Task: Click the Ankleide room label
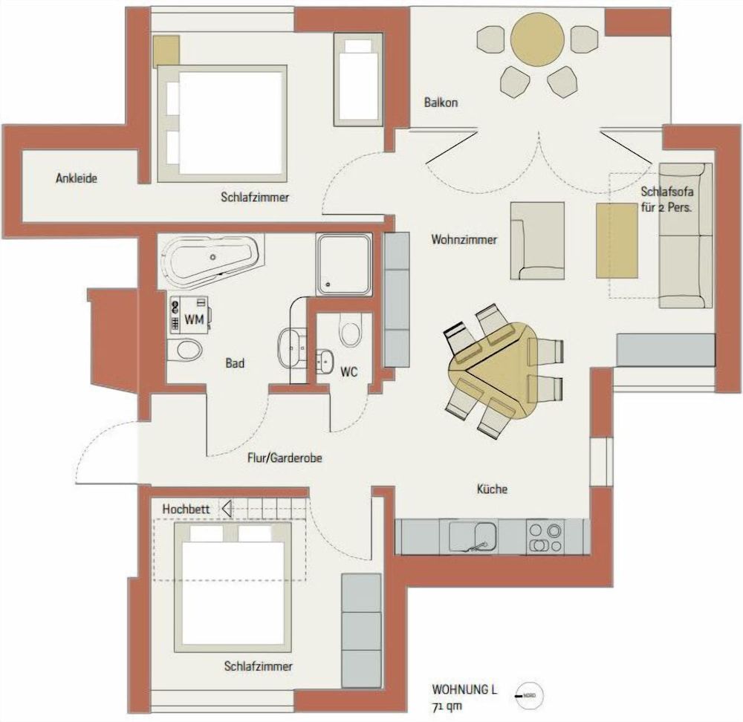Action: tap(77, 178)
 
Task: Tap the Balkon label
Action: tap(441, 103)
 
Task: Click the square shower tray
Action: tap(343, 264)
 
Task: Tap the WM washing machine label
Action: tap(194, 320)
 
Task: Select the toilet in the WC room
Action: tap(350, 328)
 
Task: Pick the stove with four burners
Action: tap(545, 537)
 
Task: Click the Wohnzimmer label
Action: tap(464, 240)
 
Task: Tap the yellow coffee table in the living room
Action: tap(617, 240)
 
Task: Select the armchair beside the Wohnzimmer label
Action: tap(536, 241)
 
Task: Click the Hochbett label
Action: tap(186, 510)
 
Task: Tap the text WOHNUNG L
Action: tap(464, 689)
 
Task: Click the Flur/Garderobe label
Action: tap(284, 458)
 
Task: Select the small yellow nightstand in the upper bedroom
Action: tap(166, 50)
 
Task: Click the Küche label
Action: tap(492, 489)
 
